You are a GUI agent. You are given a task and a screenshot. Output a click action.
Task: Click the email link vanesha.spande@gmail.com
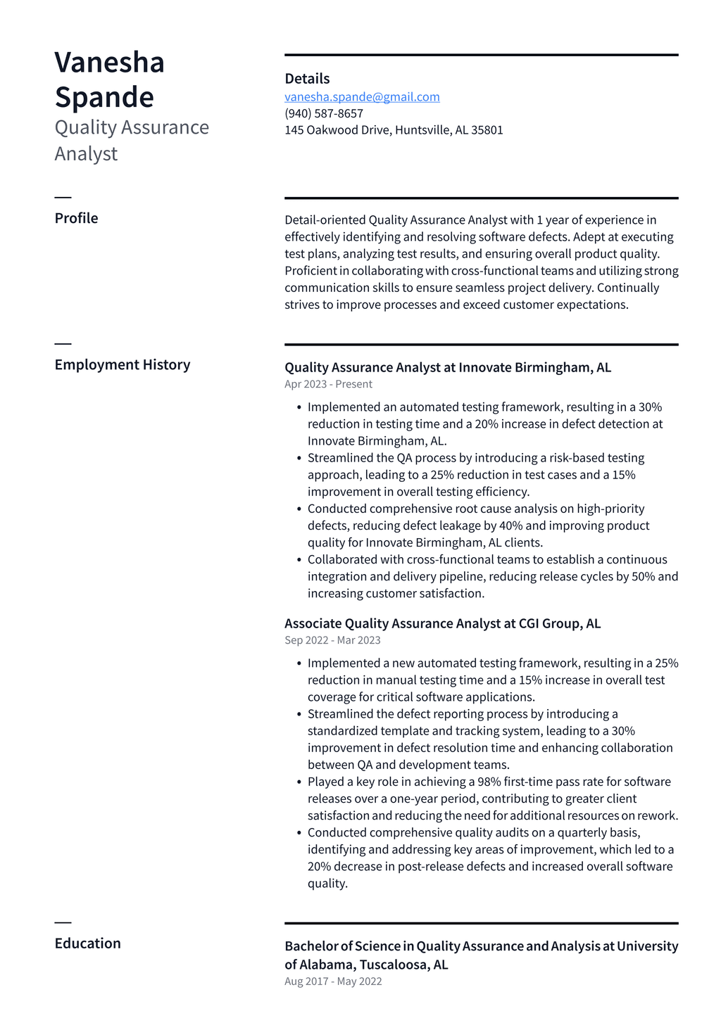[362, 97]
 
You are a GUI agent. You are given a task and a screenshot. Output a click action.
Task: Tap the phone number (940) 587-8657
[324, 113]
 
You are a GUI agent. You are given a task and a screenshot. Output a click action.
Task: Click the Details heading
[307, 79]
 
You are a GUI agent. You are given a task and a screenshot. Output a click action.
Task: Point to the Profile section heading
[76, 218]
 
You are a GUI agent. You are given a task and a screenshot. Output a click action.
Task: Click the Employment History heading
[123, 364]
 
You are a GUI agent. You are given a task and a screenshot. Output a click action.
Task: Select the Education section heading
[87, 943]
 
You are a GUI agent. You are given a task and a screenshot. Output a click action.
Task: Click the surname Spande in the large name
[104, 97]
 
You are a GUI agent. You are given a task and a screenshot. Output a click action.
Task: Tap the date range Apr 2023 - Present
[328, 384]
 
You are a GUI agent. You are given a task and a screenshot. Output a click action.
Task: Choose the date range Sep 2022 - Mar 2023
[332, 640]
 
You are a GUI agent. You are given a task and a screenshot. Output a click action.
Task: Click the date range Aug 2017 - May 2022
[333, 981]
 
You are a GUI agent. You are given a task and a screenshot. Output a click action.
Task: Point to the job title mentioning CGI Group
[442, 623]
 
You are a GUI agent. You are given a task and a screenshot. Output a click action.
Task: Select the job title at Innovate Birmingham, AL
[448, 367]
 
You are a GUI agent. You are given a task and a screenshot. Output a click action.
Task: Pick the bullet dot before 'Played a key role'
[299, 782]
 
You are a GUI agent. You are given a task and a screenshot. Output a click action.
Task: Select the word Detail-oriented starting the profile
[325, 220]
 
